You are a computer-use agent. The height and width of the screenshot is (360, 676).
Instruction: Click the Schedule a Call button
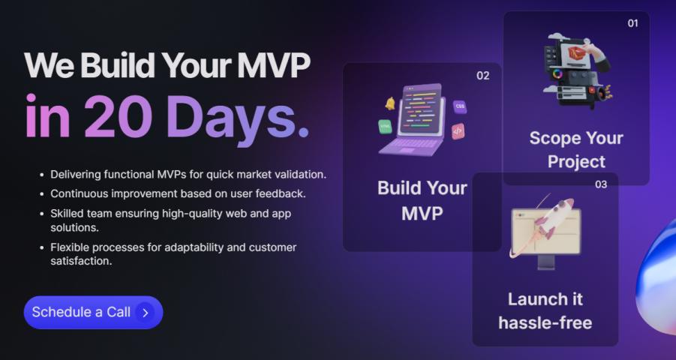93,312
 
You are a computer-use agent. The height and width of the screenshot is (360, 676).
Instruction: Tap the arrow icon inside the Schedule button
145,313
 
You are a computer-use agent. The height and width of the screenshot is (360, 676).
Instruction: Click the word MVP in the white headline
273,65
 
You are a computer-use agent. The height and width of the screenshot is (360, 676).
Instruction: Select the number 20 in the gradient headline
118,116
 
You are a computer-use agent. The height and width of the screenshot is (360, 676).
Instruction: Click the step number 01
632,23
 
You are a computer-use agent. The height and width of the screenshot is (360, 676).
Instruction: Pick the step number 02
483,76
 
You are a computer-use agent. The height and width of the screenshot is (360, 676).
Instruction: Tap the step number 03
601,184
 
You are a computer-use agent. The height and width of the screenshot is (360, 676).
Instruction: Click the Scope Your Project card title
576,149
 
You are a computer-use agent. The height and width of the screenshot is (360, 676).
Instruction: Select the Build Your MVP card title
422,200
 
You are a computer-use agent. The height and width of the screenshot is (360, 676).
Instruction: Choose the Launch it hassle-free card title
545,310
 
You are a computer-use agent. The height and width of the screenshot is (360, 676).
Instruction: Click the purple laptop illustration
412,120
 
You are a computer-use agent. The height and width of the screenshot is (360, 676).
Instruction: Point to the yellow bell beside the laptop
390,103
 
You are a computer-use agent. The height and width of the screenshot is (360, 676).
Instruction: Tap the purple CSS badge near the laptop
460,106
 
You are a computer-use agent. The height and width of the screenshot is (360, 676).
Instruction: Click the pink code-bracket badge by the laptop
458,131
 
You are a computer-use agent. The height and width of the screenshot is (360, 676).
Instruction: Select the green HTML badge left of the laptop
385,126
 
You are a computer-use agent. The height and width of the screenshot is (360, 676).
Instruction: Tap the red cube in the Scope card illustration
576,53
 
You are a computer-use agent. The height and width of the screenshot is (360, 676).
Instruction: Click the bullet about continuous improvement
178,194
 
